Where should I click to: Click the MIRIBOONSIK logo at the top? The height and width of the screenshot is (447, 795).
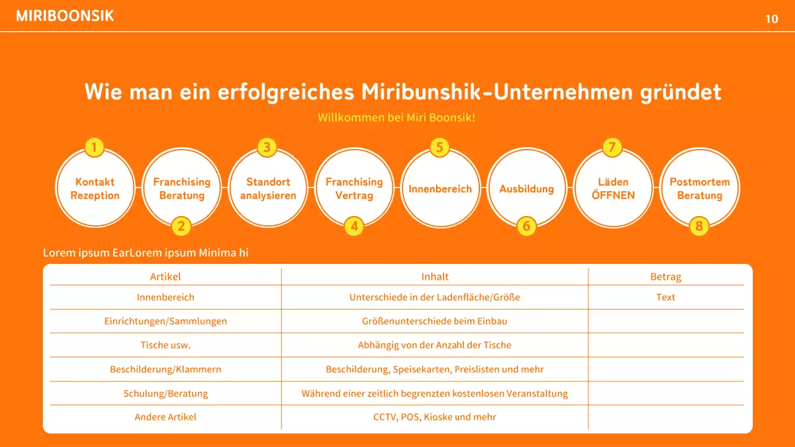tap(65, 16)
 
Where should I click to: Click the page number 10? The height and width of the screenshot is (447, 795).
tap(771, 19)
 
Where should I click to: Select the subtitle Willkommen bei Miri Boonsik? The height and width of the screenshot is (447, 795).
tap(396, 117)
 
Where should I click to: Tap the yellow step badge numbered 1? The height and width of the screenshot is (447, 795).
tap(94, 148)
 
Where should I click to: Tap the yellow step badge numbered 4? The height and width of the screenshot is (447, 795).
tap(353, 227)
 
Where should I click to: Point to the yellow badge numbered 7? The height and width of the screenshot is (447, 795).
tap(612, 148)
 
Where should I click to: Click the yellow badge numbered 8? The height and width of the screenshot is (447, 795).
tap(699, 227)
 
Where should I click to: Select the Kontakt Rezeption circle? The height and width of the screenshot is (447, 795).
tap(95, 188)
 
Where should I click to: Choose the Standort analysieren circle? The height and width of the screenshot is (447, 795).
tap(268, 188)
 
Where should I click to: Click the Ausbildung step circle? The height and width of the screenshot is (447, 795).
tap(527, 188)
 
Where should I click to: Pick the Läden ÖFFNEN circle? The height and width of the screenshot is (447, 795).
tap(613, 188)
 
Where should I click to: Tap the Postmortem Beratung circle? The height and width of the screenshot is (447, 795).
tap(699, 188)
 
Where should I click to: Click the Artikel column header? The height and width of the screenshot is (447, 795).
tap(165, 277)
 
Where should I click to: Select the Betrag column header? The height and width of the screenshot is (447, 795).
tap(665, 277)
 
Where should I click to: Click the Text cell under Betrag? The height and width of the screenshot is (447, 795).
tap(665, 297)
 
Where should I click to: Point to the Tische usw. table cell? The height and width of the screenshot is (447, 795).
tap(165, 345)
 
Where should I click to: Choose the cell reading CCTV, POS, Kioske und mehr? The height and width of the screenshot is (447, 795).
tap(434, 417)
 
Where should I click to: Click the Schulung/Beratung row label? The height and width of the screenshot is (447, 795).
tap(165, 394)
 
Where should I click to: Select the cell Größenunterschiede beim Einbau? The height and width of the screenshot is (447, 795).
tap(434, 322)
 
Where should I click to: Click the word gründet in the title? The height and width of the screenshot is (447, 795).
tap(680, 92)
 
